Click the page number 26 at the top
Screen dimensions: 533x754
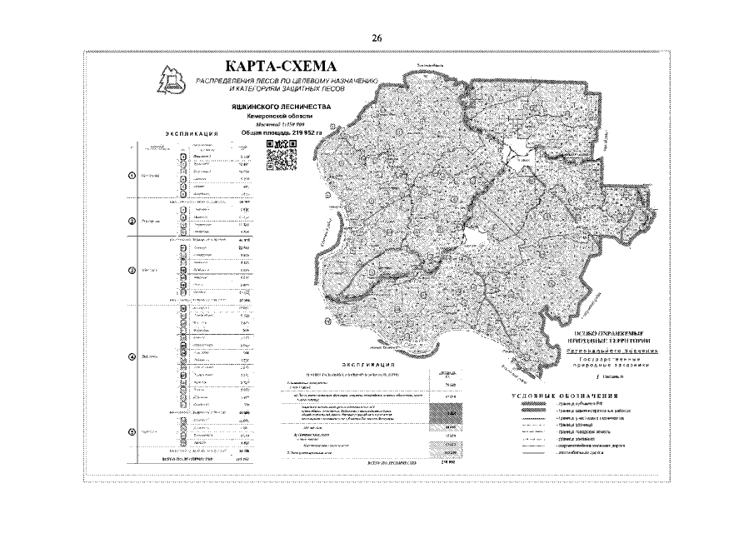(x=377, y=37)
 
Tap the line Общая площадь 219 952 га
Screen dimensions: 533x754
(x=280, y=132)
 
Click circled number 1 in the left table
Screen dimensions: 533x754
(x=131, y=176)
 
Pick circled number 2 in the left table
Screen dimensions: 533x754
(x=131, y=222)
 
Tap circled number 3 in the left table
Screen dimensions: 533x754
(x=131, y=271)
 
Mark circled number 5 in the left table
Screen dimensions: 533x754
(x=131, y=432)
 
